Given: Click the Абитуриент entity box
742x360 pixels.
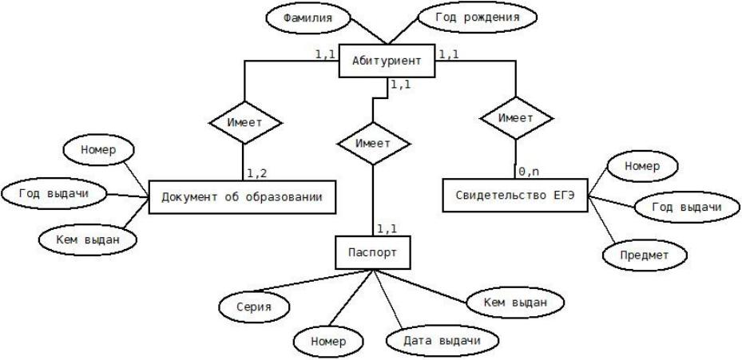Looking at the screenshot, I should click(x=387, y=61).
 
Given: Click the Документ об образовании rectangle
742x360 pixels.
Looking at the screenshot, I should click(x=241, y=196).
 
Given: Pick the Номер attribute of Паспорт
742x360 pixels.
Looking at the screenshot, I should click(x=327, y=340).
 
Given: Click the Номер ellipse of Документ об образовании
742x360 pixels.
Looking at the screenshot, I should click(x=98, y=150).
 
